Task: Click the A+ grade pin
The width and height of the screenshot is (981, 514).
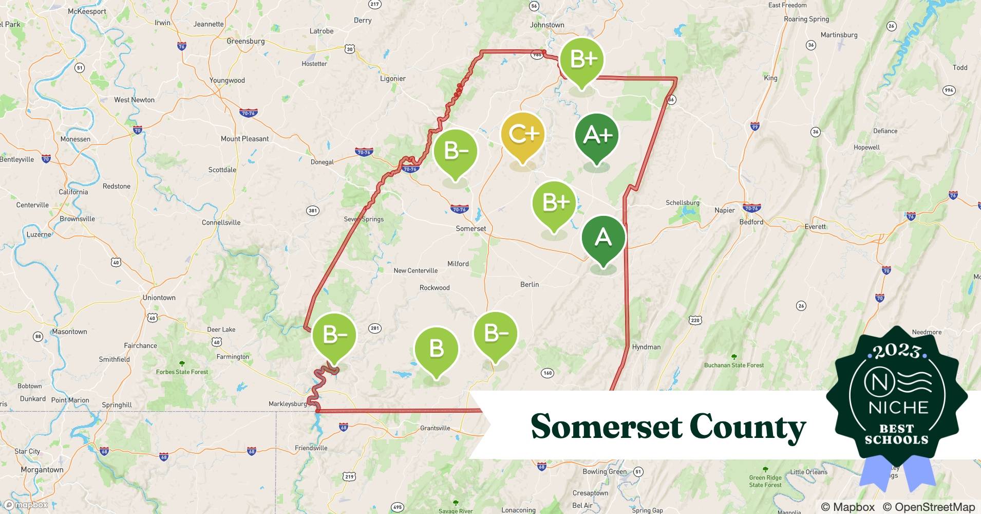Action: tap(596, 136)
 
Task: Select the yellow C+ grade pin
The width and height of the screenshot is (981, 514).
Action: tap(522, 135)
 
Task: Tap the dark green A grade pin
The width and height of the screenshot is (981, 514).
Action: tap(603, 238)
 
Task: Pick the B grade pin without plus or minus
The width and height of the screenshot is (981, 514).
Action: tap(436, 348)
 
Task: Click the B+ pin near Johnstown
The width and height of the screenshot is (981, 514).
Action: tap(581, 60)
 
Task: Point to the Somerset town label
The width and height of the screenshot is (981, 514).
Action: tap(470, 229)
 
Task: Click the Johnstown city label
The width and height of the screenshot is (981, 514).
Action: tap(547, 25)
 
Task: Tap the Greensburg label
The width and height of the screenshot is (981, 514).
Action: tap(246, 41)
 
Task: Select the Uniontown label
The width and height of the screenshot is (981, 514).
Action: tap(159, 298)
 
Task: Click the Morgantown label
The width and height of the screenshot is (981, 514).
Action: tap(42, 470)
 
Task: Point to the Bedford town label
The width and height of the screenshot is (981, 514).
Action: tap(751, 222)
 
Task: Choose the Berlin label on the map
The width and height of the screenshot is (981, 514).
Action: tap(529, 284)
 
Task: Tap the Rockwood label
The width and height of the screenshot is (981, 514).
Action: tap(435, 288)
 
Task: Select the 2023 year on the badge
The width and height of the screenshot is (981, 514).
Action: tap(897, 351)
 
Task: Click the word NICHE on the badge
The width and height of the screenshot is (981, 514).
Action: tap(898, 408)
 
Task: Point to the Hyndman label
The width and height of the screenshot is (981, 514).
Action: tap(646, 347)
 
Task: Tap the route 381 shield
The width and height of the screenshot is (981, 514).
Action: tap(312, 210)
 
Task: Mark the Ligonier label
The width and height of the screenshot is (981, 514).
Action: tap(392, 79)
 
